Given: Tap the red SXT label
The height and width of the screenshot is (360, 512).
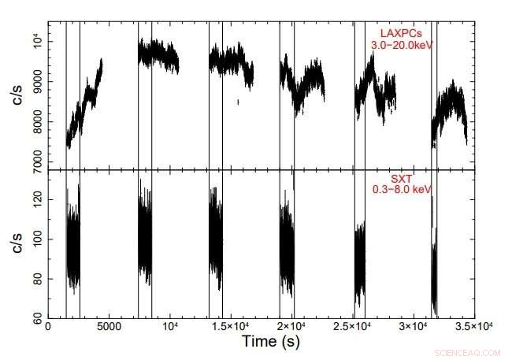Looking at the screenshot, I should click(402, 179).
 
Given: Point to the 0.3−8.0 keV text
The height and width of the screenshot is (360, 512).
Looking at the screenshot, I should click(402, 190).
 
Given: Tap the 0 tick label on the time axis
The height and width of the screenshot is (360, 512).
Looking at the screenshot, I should click(49, 325).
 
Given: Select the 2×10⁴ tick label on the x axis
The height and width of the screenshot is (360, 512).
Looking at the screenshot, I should click(292, 325).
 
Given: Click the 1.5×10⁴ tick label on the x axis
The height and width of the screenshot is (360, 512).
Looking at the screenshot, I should click(232, 325).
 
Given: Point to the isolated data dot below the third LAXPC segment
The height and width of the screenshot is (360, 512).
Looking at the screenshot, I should click(238, 101).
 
